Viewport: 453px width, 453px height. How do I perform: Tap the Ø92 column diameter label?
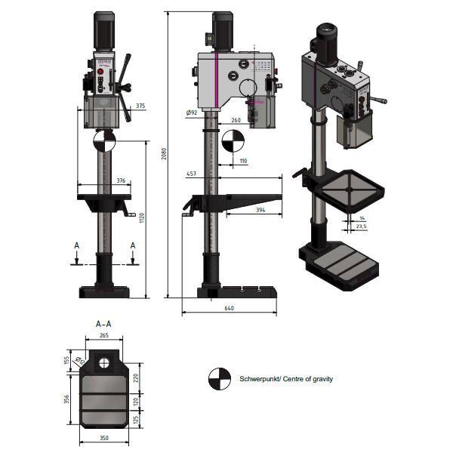coord(191,113)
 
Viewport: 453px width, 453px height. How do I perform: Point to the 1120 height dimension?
coord(141,217)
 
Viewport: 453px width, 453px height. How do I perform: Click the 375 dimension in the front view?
coord(141,106)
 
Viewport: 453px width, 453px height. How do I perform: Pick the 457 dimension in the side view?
coord(192,174)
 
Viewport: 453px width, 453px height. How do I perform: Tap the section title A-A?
coord(104,323)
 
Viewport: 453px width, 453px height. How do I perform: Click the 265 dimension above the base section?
coord(104,336)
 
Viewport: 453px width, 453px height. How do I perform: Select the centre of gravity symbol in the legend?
coord(219,379)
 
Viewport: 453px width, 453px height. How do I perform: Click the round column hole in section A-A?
coord(104,361)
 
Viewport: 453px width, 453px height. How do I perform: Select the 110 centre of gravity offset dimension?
coord(242,161)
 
